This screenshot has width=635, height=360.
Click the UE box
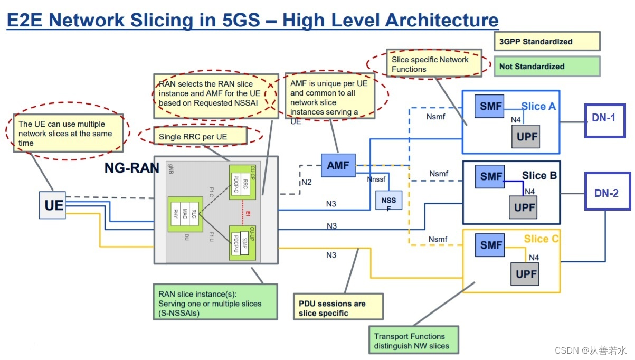point(53,205)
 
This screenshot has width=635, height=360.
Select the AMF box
point(338,165)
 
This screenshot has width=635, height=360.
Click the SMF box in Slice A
point(491,106)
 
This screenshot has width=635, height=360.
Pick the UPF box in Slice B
point(524,207)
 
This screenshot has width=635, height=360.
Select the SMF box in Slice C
point(491,245)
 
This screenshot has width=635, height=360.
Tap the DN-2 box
point(607,193)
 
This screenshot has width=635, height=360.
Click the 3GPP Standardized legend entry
point(546,42)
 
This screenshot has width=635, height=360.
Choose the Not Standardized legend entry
point(546,67)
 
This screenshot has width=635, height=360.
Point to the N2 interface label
point(307,182)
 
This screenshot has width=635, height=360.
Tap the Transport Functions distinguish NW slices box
point(413,341)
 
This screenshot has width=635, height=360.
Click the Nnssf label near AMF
point(377,179)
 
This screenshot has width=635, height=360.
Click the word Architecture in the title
point(441,21)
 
